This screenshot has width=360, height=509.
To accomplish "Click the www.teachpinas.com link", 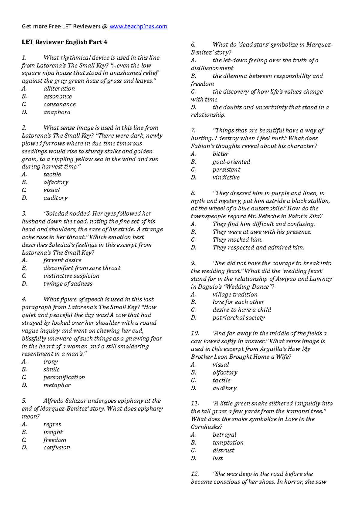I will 138,26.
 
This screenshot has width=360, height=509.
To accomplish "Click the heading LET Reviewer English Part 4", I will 64,42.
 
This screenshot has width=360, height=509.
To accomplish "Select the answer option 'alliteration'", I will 59,89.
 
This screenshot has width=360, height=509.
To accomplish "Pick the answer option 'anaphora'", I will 57,112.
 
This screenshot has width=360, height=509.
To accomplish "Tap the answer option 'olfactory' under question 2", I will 56,182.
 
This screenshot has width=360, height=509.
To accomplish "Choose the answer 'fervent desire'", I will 62,260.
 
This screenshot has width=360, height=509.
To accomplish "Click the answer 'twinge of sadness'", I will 68,284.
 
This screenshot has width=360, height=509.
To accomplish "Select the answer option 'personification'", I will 64,377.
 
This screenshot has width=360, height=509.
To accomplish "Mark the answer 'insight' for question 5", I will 53,432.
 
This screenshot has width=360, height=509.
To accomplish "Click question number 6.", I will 193,45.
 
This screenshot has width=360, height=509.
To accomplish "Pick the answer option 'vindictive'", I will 226,177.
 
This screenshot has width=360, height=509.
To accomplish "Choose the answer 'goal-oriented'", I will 231,162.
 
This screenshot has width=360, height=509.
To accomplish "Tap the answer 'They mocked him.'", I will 237,240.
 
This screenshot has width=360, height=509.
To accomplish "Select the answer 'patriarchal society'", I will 238,318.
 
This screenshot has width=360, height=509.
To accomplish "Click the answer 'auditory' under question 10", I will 224,388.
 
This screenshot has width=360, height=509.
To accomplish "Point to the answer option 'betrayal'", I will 224,435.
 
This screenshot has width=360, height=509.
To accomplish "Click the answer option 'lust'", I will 217,458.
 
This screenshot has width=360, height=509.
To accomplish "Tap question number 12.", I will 195,474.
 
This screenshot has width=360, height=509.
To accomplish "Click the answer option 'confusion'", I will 57,448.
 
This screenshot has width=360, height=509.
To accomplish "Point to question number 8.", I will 193,193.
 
